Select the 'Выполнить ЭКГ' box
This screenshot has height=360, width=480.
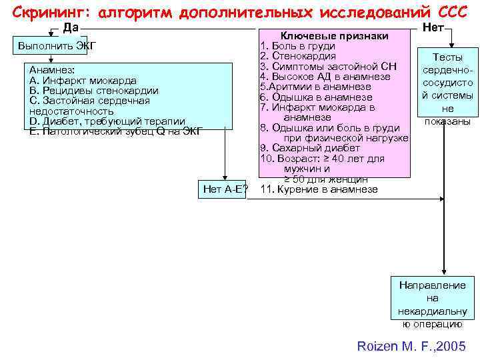click(x=57, y=45)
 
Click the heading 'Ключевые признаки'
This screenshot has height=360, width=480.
click(x=334, y=36)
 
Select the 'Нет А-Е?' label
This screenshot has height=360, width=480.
click(x=225, y=189)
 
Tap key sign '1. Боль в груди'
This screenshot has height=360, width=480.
click(x=297, y=47)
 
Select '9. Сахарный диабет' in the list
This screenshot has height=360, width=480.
click(x=310, y=147)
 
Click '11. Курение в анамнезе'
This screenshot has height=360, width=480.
click(x=319, y=189)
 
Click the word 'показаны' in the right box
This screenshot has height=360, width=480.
click(x=447, y=121)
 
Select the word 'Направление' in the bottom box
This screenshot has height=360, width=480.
click(x=433, y=285)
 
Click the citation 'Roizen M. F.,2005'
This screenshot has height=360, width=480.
click(x=411, y=347)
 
